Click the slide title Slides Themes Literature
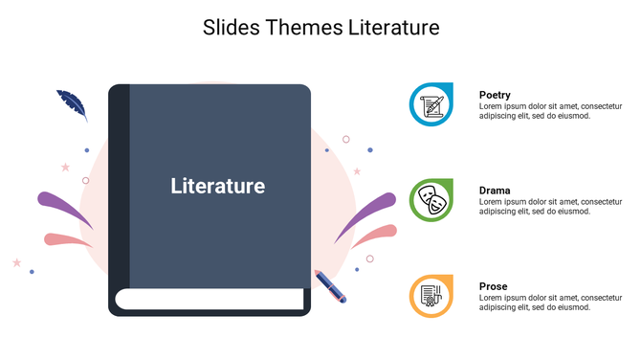coord(320,28)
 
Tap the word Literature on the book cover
coord(217,186)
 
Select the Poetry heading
coord(495,95)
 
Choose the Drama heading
coord(495,191)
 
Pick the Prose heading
coord(493,286)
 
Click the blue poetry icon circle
coord(431,104)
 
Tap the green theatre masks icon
coord(431,200)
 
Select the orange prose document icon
coord(431,295)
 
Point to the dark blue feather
coord(72,103)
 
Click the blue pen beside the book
coord(330,286)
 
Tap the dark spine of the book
coord(118,191)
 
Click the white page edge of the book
coord(209,300)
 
